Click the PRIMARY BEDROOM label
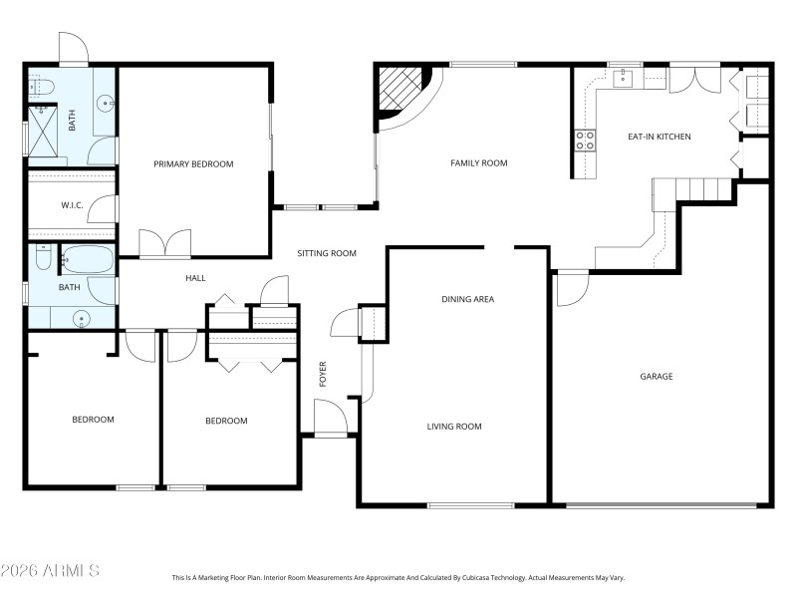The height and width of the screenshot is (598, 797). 193,164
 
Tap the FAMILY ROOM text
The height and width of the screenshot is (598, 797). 479,163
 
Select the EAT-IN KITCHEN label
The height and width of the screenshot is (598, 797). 659,137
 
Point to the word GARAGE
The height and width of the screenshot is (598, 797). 657,377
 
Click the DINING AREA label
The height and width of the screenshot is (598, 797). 468,299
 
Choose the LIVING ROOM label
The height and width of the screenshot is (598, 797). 454,427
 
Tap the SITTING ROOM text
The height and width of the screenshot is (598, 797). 327,254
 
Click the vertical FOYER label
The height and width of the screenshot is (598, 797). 323,374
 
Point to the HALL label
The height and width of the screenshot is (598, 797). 195,278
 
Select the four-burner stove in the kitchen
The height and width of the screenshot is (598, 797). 585,141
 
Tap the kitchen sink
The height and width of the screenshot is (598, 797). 627,77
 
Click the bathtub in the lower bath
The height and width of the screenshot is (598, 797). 88,260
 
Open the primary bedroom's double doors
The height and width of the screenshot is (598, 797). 164,244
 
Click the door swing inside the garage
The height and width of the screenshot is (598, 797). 570,288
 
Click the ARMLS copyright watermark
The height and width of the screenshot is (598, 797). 50,571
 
